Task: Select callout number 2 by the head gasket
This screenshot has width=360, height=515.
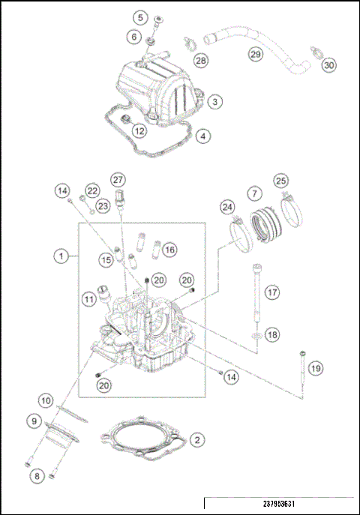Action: coord(196,440)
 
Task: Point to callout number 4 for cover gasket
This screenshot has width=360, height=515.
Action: coord(202,136)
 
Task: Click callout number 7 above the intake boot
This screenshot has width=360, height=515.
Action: coord(255,194)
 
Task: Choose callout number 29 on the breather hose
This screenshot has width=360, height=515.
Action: coord(256,55)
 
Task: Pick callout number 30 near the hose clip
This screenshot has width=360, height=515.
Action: coord(328,65)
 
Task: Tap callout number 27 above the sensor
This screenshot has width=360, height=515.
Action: coord(118,180)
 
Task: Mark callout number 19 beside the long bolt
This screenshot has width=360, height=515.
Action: coord(316,368)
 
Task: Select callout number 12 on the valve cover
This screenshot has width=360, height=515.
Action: coord(139,130)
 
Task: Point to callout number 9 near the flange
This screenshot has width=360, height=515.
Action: coord(34,421)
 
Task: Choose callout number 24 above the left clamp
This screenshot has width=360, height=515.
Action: coord(227,206)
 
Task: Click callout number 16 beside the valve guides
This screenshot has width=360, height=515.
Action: coord(169,249)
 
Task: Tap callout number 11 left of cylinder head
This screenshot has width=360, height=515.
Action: coord(89,300)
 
